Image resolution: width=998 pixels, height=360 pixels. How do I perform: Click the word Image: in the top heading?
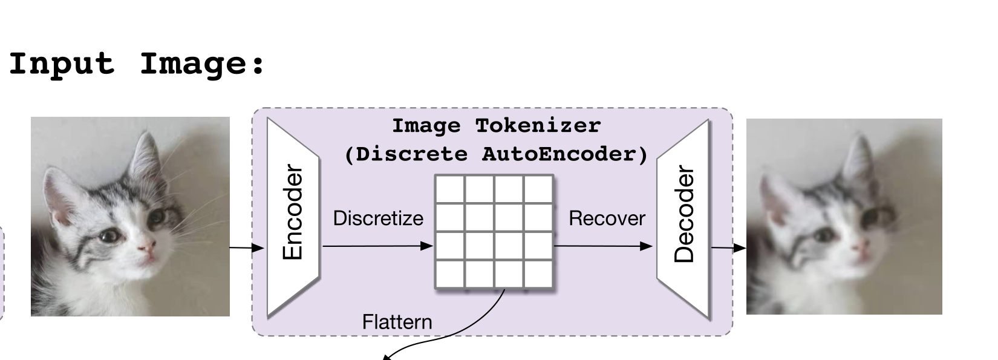point(203,64)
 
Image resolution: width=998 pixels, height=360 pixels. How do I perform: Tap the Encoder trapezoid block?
point(293,216)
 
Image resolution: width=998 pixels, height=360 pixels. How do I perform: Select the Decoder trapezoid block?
point(683,216)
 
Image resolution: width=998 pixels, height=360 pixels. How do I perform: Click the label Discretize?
point(378,218)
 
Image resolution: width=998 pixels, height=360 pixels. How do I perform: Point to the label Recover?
point(607,218)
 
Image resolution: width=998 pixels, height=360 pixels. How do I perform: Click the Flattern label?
point(397,322)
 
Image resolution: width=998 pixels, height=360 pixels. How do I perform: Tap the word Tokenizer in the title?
point(538,126)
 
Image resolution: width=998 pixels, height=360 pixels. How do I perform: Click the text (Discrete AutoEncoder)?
point(496,154)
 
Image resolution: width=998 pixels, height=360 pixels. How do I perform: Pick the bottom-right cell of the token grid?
point(538,273)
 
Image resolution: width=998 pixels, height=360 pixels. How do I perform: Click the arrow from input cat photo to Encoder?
point(247,247)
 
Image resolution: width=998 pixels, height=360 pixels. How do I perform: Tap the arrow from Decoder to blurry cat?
point(728,247)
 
